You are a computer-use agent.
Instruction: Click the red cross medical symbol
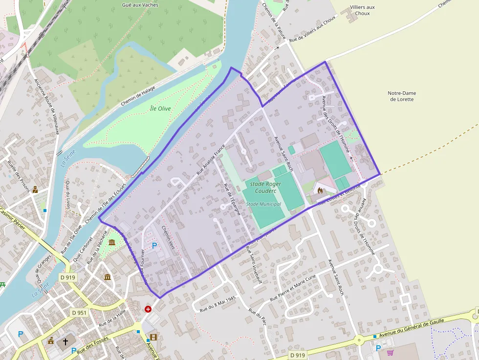(148, 309)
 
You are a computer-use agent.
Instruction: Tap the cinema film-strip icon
(154, 337)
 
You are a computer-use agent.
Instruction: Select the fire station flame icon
(320, 191)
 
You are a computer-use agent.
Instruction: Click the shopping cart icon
(390, 353)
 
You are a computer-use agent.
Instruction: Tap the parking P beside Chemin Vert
(155, 245)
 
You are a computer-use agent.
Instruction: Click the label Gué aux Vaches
(140, 5)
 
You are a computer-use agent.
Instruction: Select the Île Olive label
(160, 108)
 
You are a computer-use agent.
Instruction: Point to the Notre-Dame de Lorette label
(402, 96)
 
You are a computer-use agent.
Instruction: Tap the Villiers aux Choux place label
(363, 10)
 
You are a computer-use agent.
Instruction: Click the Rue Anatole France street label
(211, 159)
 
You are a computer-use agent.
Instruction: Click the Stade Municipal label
(263, 204)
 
